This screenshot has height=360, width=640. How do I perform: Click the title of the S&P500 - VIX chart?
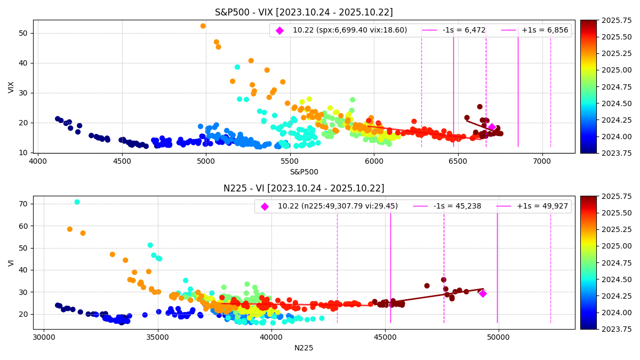(x=303, y=12)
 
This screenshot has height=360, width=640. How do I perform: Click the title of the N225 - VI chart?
(x=303, y=188)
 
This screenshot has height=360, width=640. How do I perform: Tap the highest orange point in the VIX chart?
(x=203, y=26)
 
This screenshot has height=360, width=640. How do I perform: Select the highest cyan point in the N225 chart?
(x=77, y=202)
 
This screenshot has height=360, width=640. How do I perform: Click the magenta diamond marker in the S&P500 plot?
(x=492, y=127)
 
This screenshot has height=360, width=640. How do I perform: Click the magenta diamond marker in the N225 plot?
(x=483, y=293)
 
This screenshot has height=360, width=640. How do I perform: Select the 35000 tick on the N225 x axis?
(x=157, y=337)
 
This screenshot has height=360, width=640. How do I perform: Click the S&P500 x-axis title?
(x=303, y=172)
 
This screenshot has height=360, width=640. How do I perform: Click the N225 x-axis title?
(x=303, y=348)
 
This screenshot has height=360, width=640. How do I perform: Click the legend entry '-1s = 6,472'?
(x=454, y=30)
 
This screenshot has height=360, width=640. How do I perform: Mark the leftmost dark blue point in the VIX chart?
(x=58, y=119)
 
